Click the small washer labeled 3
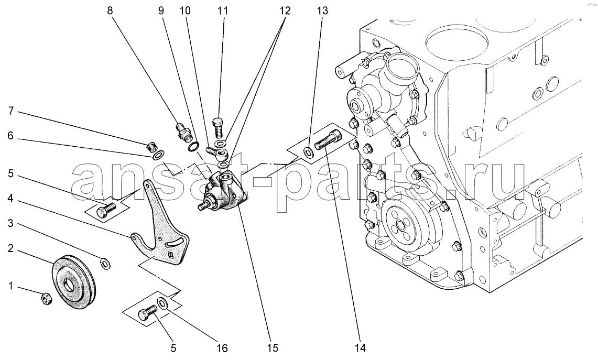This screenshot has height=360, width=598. (105, 262)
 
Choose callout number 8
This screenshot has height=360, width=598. (110, 10)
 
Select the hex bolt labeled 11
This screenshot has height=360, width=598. (219, 126)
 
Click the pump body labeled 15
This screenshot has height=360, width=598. (225, 194)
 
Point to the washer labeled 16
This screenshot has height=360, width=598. (164, 303)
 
